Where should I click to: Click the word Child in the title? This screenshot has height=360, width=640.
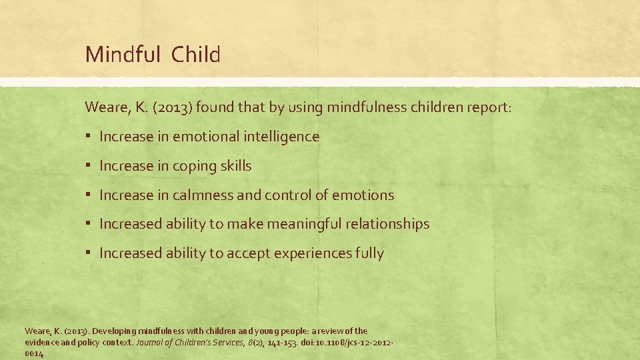click(195, 55)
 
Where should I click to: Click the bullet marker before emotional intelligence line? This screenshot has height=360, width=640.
click(89, 137)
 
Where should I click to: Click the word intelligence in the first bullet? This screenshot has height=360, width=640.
click(281, 137)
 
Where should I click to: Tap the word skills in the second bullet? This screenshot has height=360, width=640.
click(235, 166)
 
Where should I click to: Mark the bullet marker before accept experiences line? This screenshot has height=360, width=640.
click(89, 253)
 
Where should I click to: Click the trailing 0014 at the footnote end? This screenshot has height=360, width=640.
click(34, 354)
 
